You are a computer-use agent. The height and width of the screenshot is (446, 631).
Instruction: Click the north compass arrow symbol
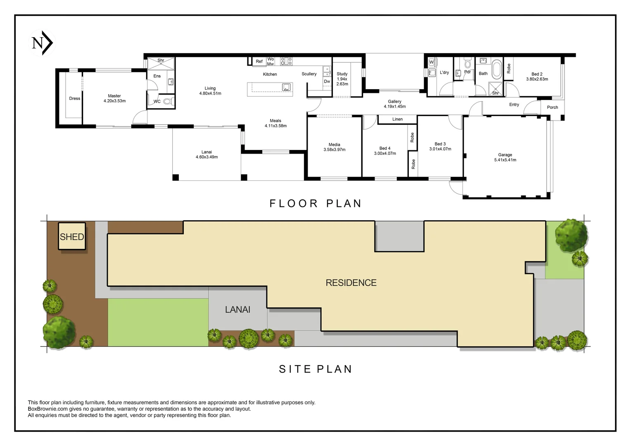[42, 43]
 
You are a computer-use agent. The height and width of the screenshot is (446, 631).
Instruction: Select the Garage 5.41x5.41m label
[505, 157]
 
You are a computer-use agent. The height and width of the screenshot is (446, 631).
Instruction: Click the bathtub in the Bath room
[497, 69]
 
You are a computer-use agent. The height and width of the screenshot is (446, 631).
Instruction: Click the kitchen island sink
[286, 87]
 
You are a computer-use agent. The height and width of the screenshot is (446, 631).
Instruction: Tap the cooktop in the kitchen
[286, 61]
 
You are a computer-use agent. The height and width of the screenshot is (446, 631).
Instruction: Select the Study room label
[342, 79]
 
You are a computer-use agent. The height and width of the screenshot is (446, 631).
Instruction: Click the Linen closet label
[398, 119]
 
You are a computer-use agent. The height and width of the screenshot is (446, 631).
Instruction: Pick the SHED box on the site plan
[72, 236]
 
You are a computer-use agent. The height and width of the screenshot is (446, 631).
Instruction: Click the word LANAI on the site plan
[237, 310]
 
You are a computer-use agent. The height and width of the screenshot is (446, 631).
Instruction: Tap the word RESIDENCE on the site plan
[351, 282]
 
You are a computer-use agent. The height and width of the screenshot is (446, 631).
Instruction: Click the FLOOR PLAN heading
[315, 204]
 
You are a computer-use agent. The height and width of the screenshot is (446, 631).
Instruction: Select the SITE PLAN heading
[315, 369]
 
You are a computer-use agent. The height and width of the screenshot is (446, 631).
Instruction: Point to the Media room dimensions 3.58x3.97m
[334, 149]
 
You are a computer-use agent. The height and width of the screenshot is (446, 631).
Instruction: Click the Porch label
[553, 107]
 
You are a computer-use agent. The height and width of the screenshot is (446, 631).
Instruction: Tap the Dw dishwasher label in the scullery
[327, 81]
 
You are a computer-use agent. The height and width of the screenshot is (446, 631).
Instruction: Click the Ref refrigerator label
[259, 61]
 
